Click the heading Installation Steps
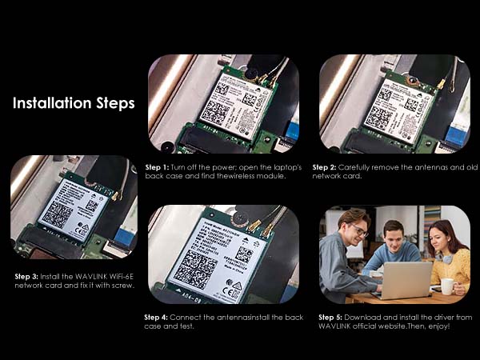[73, 103]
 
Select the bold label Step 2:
[325, 166]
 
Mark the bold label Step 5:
[332, 317]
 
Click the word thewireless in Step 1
[240, 175]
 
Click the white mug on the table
[446, 286]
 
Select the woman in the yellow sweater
[448, 256]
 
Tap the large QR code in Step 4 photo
[197, 270]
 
